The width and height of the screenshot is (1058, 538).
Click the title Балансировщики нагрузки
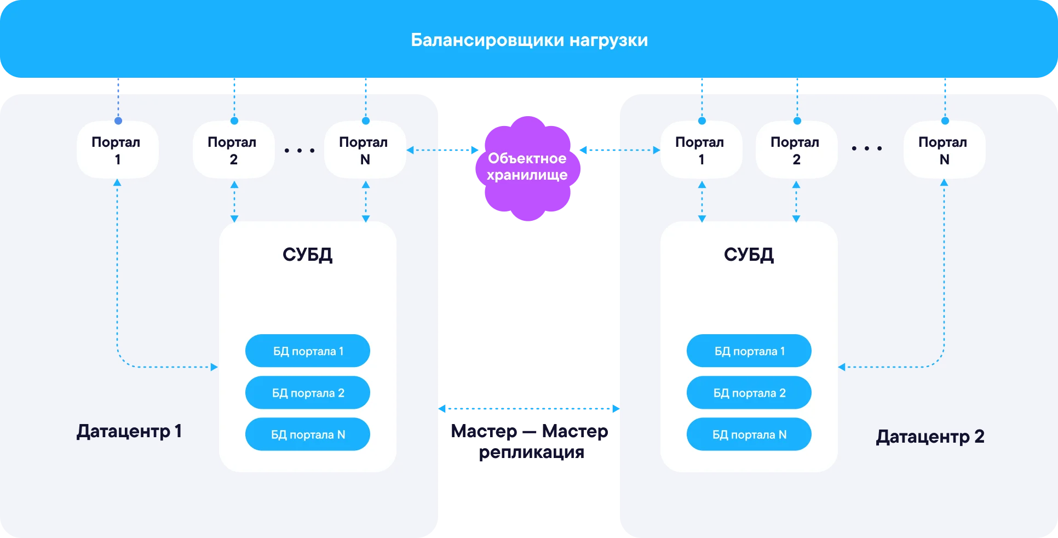click(529, 40)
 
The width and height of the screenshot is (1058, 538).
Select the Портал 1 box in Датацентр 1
click(117, 150)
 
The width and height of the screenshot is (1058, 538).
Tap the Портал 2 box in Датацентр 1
click(233, 150)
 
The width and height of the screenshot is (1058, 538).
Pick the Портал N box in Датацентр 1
click(365, 150)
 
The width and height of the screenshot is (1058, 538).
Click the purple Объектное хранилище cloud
click(527, 167)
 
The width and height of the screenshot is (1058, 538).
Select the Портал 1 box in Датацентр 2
click(701, 150)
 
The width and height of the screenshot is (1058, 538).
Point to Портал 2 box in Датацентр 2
click(796, 150)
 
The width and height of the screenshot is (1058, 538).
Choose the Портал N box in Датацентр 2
click(944, 150)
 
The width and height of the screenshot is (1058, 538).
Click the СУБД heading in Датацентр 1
click(307, 255)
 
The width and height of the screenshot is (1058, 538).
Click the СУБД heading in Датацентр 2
click(749, 255)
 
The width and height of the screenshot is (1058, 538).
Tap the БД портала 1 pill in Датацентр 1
click(308, 351)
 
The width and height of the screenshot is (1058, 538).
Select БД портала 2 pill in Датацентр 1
click(308, 393)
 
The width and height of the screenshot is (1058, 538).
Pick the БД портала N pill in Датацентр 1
click(308, 434)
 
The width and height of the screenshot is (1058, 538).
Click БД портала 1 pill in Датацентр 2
click(749, 351)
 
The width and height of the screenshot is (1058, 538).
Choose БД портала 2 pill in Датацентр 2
click(749, 393)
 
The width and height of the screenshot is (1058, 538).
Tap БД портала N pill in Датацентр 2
click(749, 434)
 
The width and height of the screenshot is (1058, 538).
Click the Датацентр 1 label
click(129, 432)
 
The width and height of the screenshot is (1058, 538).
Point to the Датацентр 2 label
click(930, 437)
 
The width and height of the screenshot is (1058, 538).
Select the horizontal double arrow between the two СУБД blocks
click(529, 408)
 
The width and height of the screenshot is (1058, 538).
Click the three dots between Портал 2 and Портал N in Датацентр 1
click(300, 150)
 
